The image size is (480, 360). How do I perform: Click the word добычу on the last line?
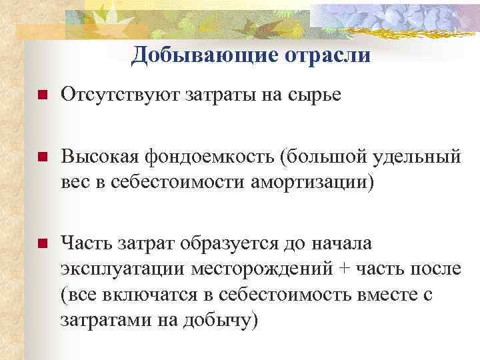tap(221, 320)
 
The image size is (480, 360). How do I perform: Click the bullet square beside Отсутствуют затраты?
tap(41, 97)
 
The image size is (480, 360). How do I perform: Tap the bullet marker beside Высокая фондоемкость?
tap(41, 158)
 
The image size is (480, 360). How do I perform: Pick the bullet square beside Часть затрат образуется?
tap(41, 243)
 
